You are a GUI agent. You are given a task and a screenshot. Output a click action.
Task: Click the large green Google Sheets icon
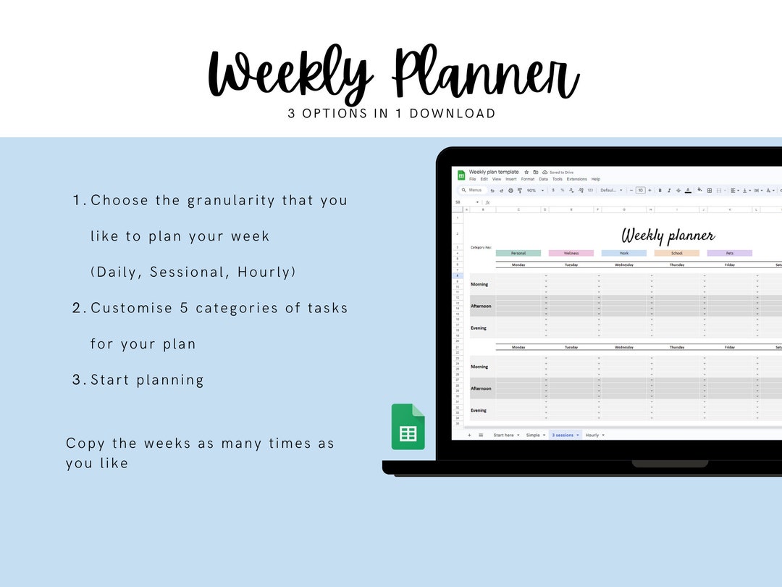tap(408, 427)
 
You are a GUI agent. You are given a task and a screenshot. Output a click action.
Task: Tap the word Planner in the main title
tap(485, 75)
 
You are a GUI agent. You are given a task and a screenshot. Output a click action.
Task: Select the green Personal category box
tap(518, 253)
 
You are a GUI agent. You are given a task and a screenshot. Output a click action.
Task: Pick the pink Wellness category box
tap(571, 253)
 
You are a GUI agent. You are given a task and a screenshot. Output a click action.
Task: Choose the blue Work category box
tap(623, 253)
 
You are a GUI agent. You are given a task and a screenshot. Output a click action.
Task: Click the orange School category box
tap(676, 253)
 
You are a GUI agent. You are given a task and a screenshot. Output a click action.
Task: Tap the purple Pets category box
tap(729, 253)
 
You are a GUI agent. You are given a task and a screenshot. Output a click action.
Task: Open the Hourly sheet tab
tap(592, 435)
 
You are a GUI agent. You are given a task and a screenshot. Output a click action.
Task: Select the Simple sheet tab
tap(533, 435)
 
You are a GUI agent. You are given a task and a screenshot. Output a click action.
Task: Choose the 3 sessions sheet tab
tap(563, 435)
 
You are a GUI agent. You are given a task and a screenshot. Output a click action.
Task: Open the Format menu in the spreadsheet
tap(528, 179)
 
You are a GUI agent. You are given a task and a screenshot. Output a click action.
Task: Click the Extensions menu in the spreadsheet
tap(576, 179)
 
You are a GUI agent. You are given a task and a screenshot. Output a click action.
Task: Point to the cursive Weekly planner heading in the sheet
tap(668, 236)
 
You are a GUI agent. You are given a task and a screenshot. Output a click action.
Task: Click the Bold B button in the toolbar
tap(660, 191)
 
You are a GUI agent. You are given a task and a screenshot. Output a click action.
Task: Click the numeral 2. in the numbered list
tap(79, 308)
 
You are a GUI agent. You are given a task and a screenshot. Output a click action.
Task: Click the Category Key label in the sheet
tap(481, 247)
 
